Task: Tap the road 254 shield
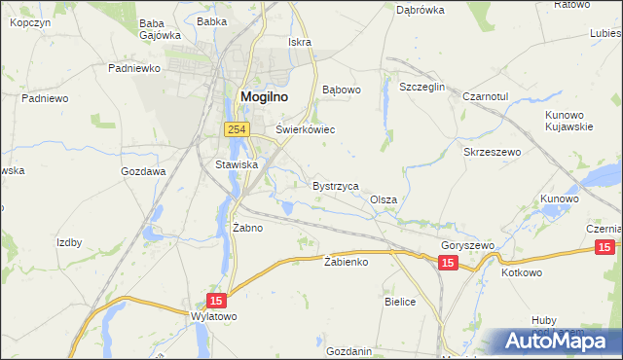coord(236,129)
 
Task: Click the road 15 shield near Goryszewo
coord(447,264)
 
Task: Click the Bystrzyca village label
coord(336,185)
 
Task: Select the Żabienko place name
coord(346,262)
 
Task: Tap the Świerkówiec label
coord(306,128)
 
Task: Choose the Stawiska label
coord(237,164)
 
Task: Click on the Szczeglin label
coord(422,87)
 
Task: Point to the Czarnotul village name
coord(487,97)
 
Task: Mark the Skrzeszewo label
coord(494,153)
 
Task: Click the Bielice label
coord(400,303)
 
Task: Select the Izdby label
coord(69,242)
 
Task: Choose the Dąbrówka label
coord(421,10)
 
